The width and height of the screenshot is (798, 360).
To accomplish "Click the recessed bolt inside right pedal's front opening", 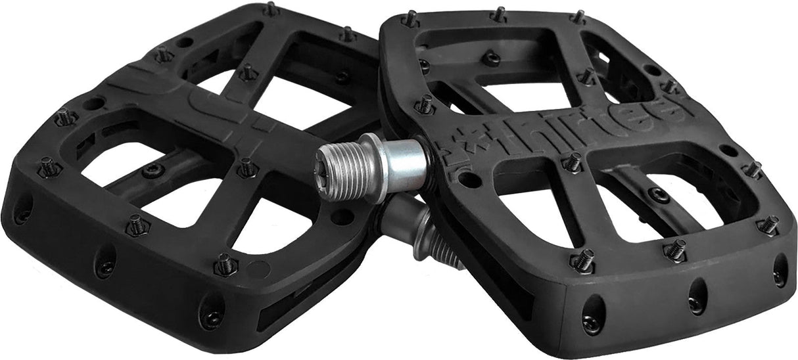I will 658,194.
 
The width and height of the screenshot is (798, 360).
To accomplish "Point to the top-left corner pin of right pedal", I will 410,18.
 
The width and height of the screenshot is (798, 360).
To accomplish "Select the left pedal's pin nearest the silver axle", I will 246,168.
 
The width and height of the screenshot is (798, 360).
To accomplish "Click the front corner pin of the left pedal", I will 224,264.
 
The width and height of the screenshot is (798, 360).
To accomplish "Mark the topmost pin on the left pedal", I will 270,9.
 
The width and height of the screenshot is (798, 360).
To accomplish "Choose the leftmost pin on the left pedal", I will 49,166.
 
